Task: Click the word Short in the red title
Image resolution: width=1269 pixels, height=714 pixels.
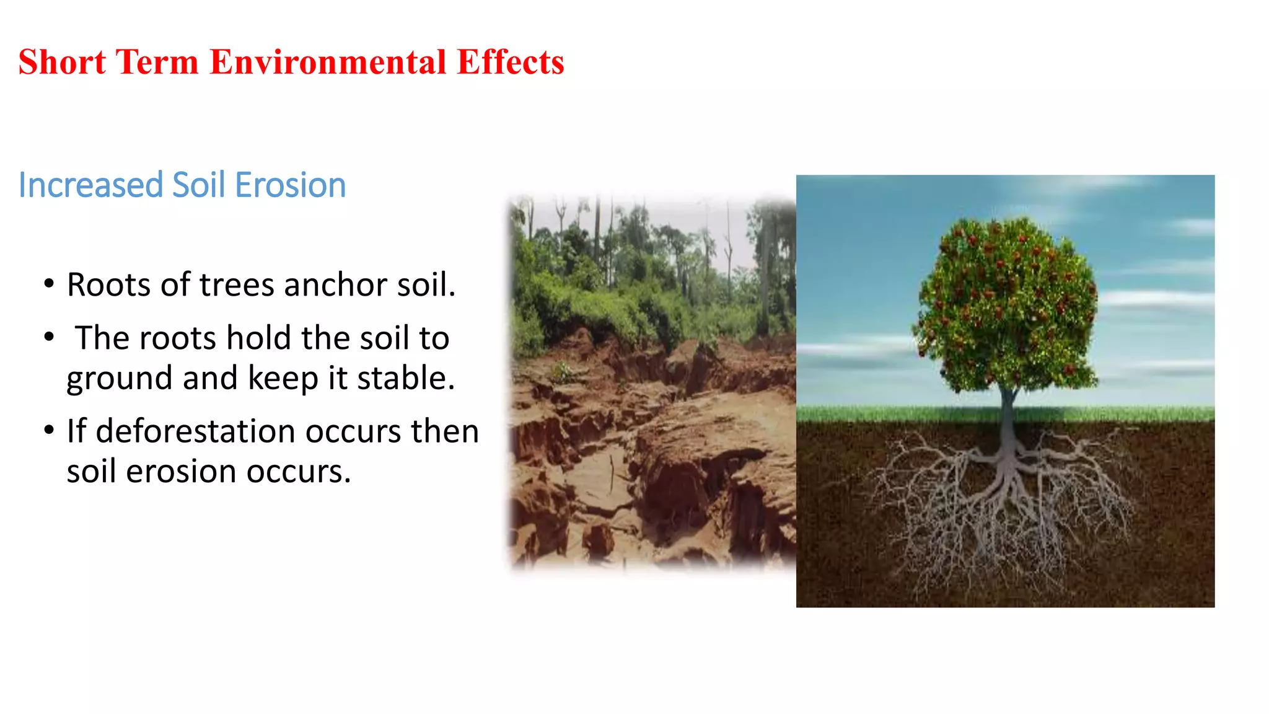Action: (x=62, y=63)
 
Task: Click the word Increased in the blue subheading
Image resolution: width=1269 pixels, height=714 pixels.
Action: (x=91, y=185)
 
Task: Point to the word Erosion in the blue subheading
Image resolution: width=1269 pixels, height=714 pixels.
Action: (x=290, y=185)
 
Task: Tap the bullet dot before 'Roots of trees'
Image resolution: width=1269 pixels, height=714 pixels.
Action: (x=49, y=284)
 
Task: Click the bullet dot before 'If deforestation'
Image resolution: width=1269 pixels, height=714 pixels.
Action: (x=49, y=431)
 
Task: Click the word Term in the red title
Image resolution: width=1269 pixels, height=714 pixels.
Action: (x=157, y=63)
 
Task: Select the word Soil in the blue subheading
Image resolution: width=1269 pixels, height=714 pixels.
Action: (x=198, y=185)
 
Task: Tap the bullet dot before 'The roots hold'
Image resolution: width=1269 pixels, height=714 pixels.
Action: (x=49, y=338)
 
